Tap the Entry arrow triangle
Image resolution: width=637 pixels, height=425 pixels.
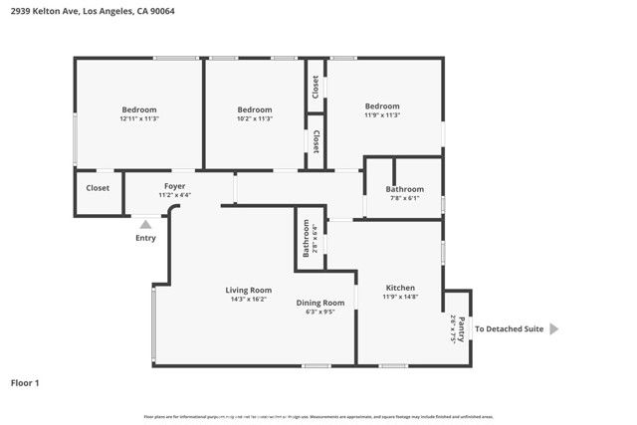point(145,225)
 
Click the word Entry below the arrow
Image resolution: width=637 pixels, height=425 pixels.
point(145,238)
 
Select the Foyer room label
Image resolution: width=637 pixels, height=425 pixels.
point(175,186)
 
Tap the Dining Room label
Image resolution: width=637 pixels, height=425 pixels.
point(320,303)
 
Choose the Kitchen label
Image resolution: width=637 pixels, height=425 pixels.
point(400,287)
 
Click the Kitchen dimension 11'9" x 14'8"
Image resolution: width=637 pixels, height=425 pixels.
point(400,296)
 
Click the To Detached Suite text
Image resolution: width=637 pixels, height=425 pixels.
point(509,329)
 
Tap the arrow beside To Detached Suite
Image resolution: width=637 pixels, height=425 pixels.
point(554,329)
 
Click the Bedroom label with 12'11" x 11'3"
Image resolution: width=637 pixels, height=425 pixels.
point(139,109)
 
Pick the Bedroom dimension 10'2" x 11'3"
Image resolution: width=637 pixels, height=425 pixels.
point(255,118)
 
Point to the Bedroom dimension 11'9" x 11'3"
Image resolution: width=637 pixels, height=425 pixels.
point(382,115)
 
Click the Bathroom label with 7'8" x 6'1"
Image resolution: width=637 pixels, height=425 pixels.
point(405,189)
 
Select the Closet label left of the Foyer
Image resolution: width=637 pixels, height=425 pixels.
point(98,187)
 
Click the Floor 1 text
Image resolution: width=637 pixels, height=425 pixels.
point(25,382)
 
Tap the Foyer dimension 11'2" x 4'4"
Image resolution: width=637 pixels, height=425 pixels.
point(175,195)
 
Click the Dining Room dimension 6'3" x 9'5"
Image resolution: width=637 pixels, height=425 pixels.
point(320,312)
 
